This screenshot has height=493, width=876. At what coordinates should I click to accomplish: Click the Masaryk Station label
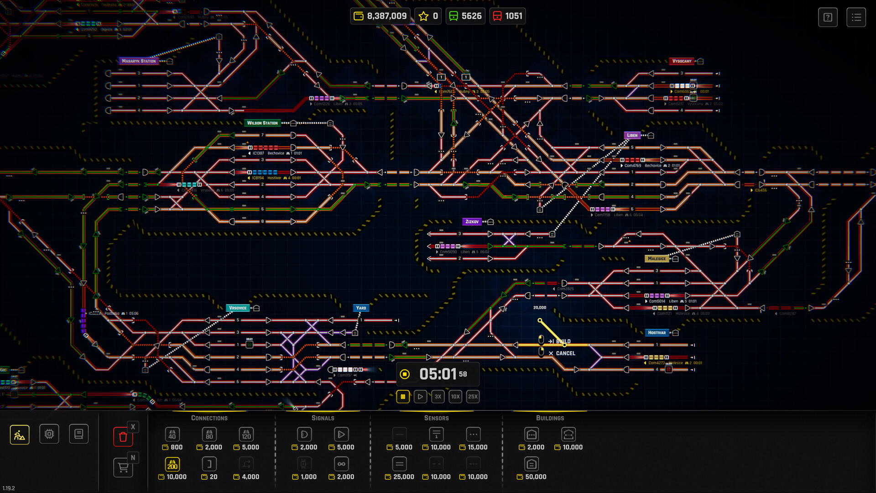[x=139, y=61]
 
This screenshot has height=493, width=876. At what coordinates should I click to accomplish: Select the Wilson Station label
[x=262, y=123]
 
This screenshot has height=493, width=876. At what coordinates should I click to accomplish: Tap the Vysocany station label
[x=682, y=61]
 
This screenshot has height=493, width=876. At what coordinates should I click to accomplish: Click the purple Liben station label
[x=632, y=136]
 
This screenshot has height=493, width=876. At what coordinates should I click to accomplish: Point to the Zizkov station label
[x=472, y=222]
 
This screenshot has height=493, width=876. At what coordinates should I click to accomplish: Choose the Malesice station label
[x=657, y=259]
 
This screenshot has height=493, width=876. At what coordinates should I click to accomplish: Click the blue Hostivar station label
[x=657, y=333]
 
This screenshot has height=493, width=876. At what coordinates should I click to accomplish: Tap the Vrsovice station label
[x=238, y=308]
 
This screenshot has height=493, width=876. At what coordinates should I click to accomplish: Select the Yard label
[x=361, y=308]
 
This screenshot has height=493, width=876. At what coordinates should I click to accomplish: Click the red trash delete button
[x=123, y=437]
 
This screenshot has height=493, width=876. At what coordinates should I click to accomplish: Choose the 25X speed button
[x=473, y=397]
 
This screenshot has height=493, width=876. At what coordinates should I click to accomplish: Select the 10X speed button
[x=455, y=397]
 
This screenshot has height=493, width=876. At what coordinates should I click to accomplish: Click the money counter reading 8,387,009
[x=381, y=16]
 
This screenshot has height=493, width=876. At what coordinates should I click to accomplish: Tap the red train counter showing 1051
[x=507, y=16]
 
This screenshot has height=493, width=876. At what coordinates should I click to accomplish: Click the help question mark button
[x=828, y=18]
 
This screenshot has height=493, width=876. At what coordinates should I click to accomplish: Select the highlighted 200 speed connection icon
[x=172, y=464]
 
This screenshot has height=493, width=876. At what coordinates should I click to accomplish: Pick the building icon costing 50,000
[x=531, y=464]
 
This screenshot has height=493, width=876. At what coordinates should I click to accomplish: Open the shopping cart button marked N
[x=123, y=467]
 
